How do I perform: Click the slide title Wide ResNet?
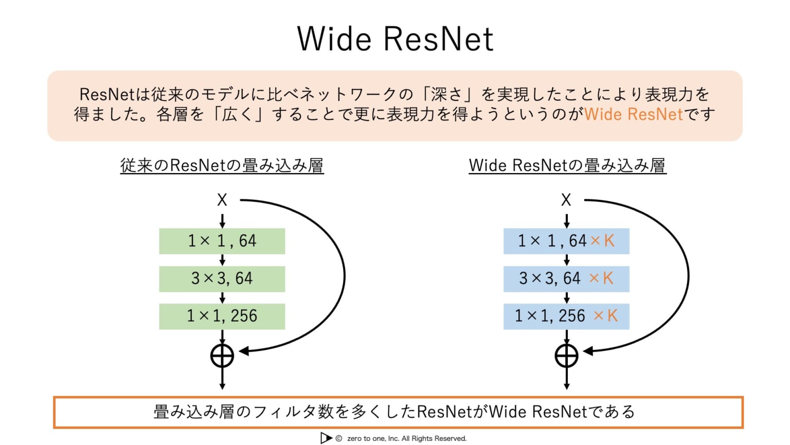coord(395,39)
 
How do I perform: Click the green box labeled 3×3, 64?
coord(222,279)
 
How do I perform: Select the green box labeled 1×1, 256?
coord(222,316)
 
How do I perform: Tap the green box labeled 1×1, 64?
coord(222,241)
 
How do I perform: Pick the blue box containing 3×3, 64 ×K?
coord(566,279)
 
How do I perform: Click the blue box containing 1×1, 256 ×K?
coord(566,316)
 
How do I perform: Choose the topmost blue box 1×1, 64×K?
coord(566,241)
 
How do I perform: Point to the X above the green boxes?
coord(222,200)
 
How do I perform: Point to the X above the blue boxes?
coord(566,200)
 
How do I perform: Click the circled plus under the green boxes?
coord(222,356)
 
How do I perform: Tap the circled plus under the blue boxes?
coord(566,356)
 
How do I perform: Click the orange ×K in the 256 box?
coord(605,316)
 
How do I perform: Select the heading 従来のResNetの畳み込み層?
coord(222,166)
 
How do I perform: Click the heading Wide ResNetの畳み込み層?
coord(567,166)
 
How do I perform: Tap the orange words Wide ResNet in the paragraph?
coord(633,114)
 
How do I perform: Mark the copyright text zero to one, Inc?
coord(406,439)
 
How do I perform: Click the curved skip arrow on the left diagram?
coord(344,276)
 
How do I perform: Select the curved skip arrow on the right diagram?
coord(688,276)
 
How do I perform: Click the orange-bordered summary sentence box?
coord(398,412)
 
